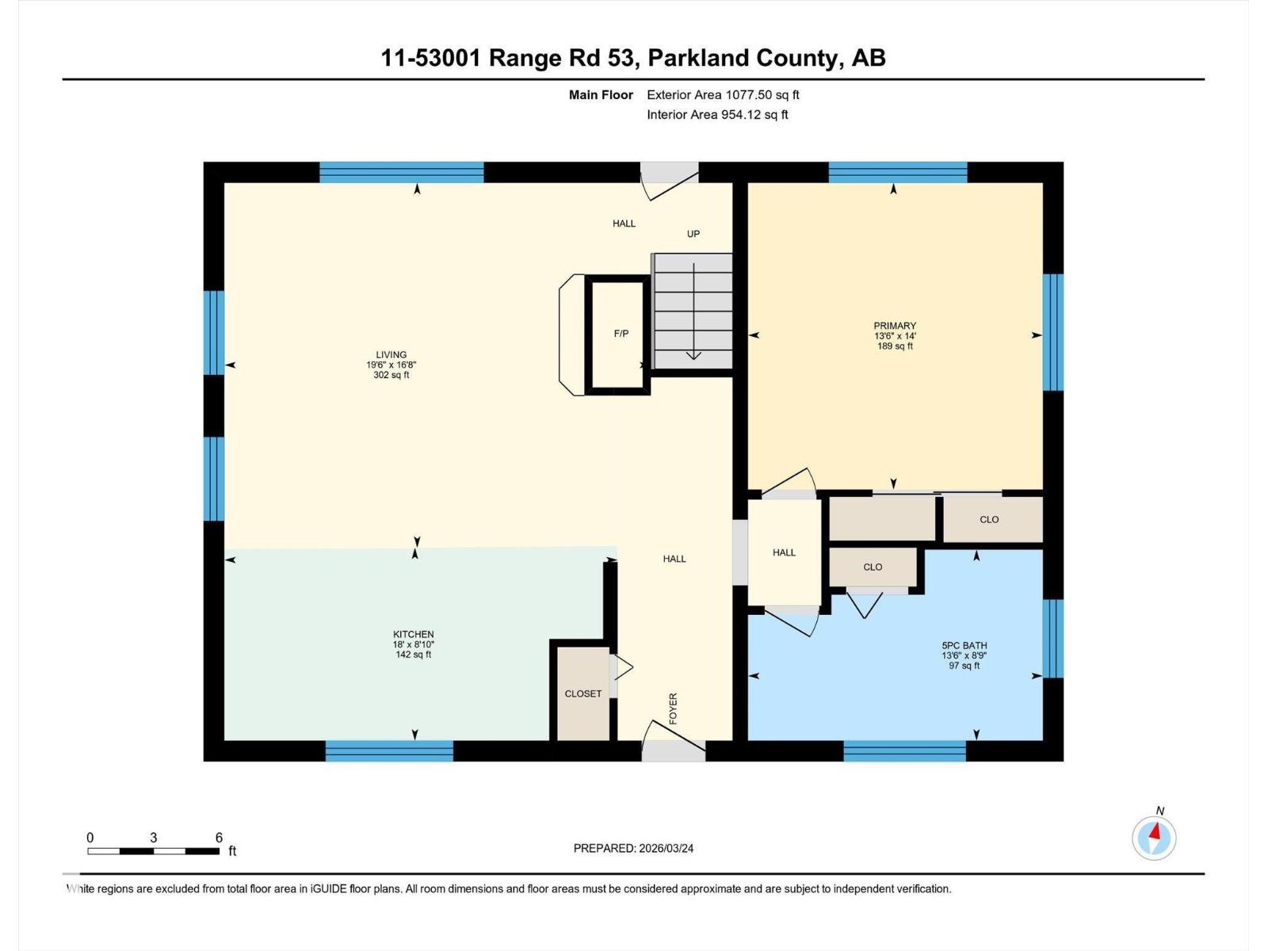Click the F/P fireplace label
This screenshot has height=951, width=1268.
pyautogui.click(x=621, y=334)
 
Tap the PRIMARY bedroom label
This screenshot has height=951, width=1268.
pyautogui.click(x=895, y=326)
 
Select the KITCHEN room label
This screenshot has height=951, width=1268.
pyautogui.click(x=413, y=634)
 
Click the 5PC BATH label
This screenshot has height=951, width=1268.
pyautogui.click(x=964, y=645)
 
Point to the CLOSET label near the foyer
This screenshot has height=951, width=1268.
pyautogui.click(x=583, y=693)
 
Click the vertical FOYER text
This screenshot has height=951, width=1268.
pyautogui.click(x=674, y=708)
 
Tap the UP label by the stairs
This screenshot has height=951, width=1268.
pyautogui.click(x=693, y=234)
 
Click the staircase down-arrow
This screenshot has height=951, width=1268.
pyautogui.click(x=693, y=353)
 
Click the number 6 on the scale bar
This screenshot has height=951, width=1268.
pyautogui.click(x=219, y=838)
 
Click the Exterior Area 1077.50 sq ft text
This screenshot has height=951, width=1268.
pyautogui.click(x=723, y=94)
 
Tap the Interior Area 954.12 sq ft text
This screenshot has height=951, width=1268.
pyautogui.click(x=717, y=114)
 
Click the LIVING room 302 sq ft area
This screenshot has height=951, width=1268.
pyautogui.click(x=391, y=375)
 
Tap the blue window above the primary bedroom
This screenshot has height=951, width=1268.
pyautogui.click(x=898, y=172)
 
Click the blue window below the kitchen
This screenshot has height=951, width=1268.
pyautogui.click(x=389, y=750)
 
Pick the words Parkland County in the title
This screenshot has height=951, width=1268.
pyautogui.click(x=742, y=58)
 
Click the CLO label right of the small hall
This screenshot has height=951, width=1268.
pyautogui.click(x=873, y=567)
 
